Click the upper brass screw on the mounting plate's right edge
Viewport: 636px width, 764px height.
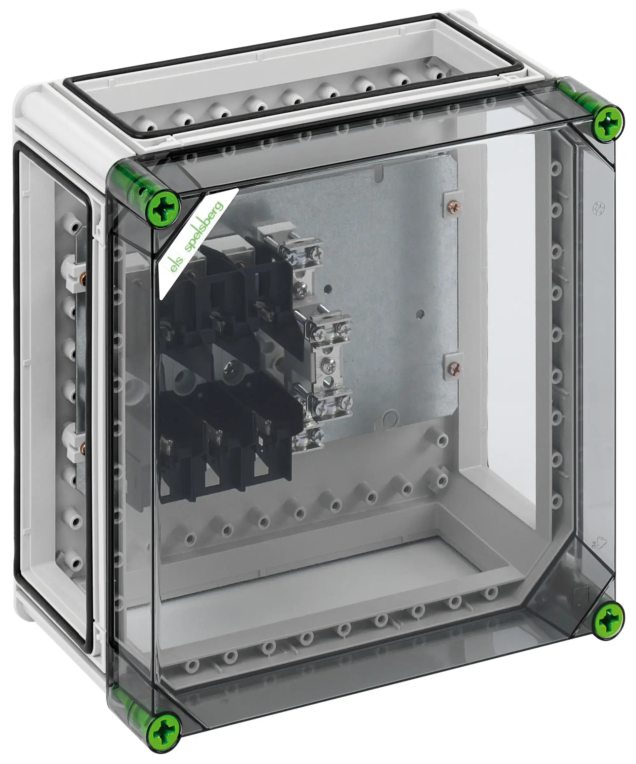455,208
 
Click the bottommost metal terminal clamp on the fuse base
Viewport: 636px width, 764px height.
309,437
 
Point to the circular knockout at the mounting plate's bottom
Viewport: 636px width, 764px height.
390,418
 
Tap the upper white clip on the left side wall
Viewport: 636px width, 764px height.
71,275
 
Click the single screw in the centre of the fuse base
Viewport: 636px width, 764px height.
229,368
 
